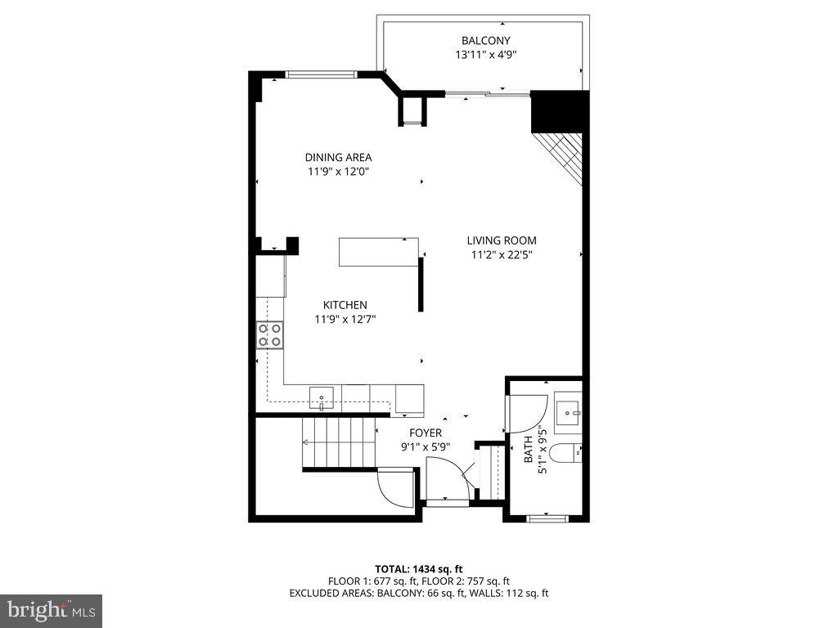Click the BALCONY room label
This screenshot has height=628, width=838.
click(x=485, y=40)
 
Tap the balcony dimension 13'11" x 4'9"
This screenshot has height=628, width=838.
click(x=485, y=55)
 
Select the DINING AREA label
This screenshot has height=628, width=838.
click(x=338, y=157)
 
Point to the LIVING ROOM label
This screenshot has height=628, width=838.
click(x=502, y=240)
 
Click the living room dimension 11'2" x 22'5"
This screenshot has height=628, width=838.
click(x=502, y=254)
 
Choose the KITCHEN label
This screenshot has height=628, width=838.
click(x=345, y=305)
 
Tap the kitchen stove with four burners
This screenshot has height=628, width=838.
click(x=270, y=334)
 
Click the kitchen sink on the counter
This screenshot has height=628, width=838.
click(x=322, y=398)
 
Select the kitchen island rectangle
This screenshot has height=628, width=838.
click(x=379, y=251)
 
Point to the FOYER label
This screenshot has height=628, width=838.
click(x=426, y=433)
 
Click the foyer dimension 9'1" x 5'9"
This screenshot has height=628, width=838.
click(x=426, y=446)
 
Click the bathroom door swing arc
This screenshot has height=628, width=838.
click(x=527, y=413)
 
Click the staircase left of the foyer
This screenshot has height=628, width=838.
click(x=338, y=442)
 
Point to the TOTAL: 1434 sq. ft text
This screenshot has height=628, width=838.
click(x=419, y=568)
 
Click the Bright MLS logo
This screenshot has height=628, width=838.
click(x=51, y=610)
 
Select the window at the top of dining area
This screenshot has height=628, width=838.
click(x=321, y=74)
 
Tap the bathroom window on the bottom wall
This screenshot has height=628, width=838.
click(x=546, y=517)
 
